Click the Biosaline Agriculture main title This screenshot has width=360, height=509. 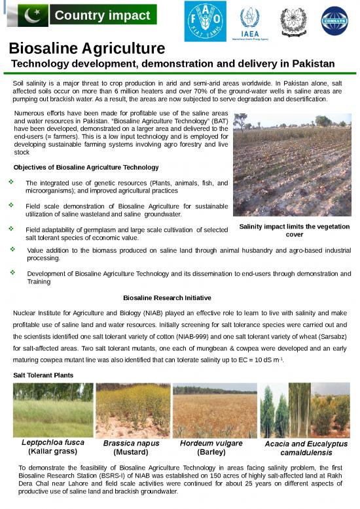(x=86, y=48)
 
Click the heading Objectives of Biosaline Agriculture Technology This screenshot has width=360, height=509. (x=86, y=167)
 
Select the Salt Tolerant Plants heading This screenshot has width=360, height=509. (x=43, y=375)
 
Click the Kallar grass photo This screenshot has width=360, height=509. (x=53, y=410)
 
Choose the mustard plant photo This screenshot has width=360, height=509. (x=132, y=410)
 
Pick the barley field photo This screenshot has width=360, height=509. (x=214, y=410)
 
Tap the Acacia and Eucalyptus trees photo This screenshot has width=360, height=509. (x=305, y=410)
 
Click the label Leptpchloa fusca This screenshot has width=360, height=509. (x=53, y=443)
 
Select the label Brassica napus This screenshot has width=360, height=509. (x=132, y=443)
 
